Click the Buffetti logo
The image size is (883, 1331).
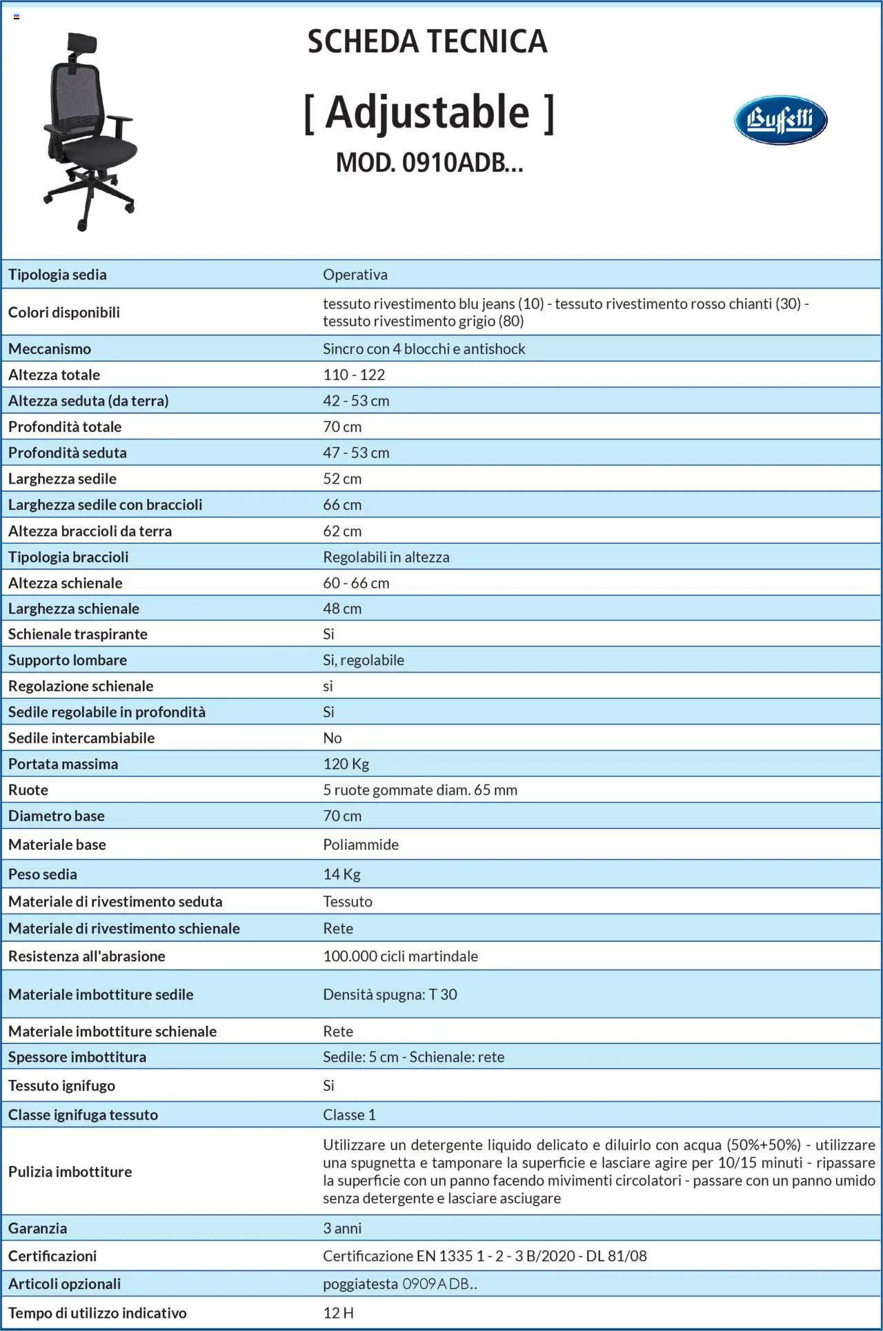[780, 120]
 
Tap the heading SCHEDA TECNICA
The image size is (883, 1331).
[427, 42]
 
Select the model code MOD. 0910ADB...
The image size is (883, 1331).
[429, 163]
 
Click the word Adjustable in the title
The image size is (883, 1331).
[428, 112]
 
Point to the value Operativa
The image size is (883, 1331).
[355, 275]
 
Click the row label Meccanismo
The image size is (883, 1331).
[50, 348]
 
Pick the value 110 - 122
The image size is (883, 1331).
[354, 375]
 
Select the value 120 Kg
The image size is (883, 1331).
[346, 764]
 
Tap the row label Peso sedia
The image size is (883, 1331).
[43, 874]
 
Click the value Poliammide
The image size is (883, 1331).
[361, 845]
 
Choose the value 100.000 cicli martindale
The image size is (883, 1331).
[400, 956]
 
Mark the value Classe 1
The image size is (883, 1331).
[349, 1115]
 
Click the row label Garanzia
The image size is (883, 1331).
[38, 1228]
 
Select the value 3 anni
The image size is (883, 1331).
[342, 1228]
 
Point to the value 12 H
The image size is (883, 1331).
[338, 1313]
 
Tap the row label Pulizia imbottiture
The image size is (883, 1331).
[70, 1172]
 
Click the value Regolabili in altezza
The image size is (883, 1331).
[386, 557]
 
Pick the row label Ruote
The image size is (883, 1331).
[28, 790]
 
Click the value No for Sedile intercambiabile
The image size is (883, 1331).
[333, 738]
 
